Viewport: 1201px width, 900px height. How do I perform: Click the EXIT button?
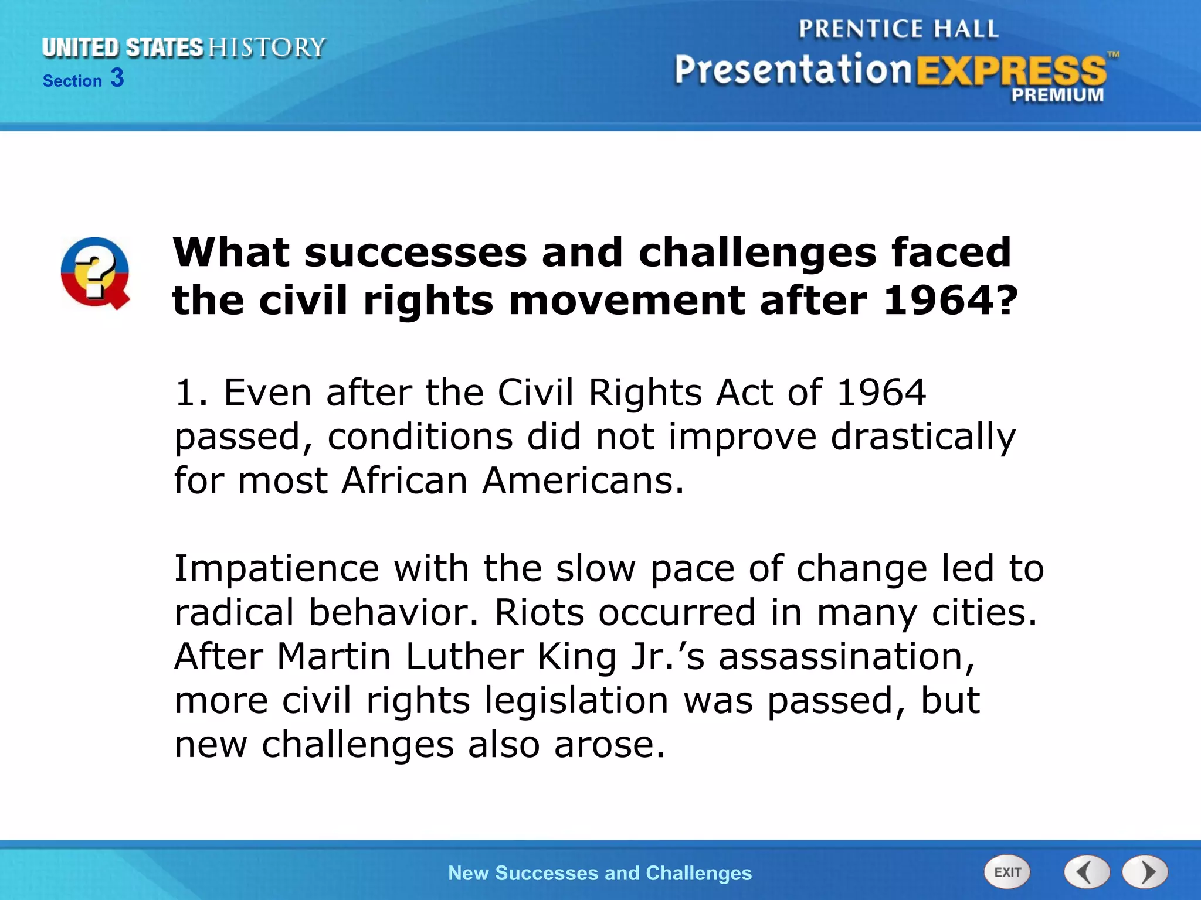click(x=1007, y=872)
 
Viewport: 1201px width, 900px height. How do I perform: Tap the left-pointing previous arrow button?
click(x=1087, y=872)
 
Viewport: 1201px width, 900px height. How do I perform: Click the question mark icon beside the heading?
click(x=95, y=274)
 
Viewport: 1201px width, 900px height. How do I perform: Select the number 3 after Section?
click(x=117, y=78)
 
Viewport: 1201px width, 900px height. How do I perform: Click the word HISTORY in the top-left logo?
click(x=267, y=47)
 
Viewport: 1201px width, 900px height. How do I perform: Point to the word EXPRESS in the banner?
click(x=1011, y=71)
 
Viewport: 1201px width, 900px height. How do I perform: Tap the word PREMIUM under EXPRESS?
click(x=1057, y=95)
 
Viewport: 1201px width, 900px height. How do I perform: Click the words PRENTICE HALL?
click(x=898, y=29)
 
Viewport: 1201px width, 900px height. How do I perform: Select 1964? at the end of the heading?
click(x=950, y=300)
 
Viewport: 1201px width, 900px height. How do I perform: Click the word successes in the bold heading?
click(x=415, y=252)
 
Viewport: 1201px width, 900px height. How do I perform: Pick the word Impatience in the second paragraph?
click(x=277, y=568)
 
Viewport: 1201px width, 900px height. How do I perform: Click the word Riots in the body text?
click(x=540, y=612)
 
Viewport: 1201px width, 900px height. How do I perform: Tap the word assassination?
click(x=846, y=656)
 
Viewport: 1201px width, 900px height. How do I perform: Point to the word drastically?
click(x=923, y=437)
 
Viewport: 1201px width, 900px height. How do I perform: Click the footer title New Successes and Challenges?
click(x=599, y=873)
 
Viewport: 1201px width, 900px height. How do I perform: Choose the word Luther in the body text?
click(x=464, y=656)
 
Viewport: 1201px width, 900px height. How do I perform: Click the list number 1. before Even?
click(x=191, y=393)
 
